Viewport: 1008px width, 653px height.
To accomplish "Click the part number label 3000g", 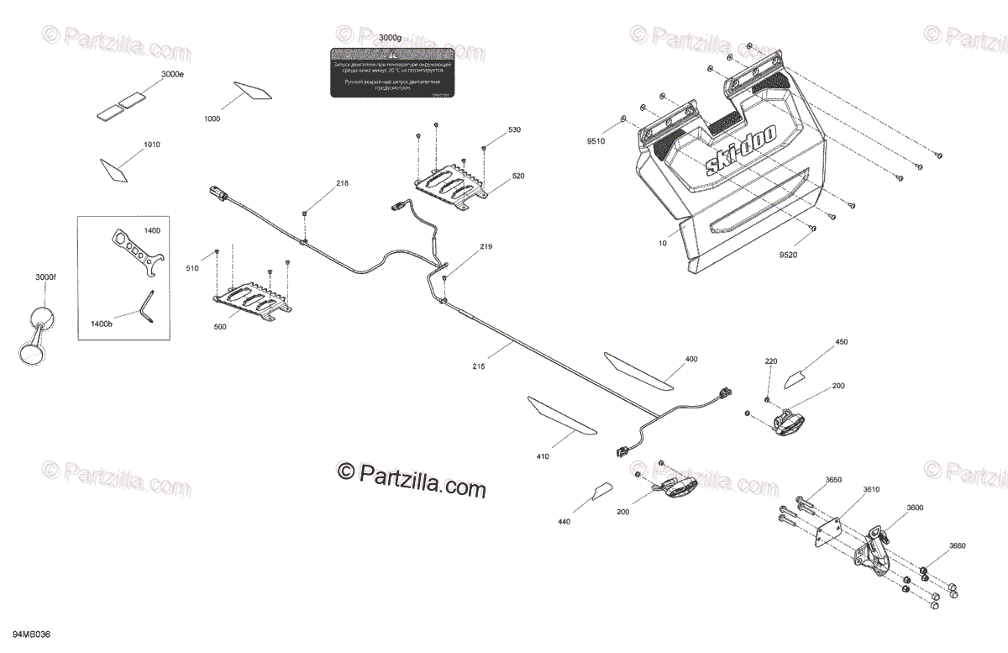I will click(390, 39).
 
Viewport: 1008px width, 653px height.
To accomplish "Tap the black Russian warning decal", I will click(391, 73).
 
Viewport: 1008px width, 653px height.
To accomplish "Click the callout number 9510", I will click(596, 142).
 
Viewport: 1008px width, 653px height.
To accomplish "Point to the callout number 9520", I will click(789, 255).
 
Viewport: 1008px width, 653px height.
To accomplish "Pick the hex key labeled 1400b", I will click(148, 305).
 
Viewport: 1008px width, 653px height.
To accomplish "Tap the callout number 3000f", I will click(45, 277).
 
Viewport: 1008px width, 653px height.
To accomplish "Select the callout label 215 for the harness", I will click(480, 366).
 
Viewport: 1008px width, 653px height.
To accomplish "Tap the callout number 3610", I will click(848, 489).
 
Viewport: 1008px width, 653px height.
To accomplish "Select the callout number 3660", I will click(958, 546).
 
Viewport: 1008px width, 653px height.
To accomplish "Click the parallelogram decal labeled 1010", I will click(114, 169).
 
